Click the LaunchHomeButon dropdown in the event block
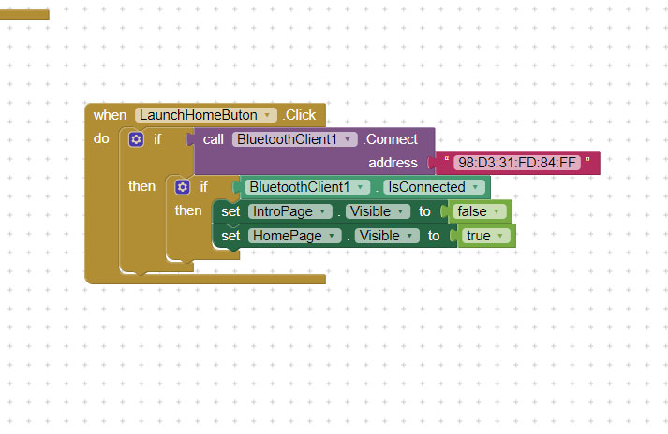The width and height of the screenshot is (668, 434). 206,115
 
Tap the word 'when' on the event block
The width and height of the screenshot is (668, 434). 110,115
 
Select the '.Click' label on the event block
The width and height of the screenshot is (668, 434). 299,115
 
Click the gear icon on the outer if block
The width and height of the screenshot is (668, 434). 136,139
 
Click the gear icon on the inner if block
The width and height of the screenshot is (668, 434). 183,187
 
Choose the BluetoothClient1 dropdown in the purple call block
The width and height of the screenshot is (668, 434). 294,139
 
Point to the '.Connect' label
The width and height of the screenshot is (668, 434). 391,139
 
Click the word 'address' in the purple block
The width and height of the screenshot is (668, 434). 393,163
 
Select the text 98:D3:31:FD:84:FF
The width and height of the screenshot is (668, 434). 517,163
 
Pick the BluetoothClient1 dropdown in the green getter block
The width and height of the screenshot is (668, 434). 307,187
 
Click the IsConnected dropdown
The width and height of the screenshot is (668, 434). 434,187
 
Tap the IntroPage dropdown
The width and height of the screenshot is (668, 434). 289,211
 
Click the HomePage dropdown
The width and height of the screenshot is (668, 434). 294,236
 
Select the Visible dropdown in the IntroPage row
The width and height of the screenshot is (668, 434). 378,211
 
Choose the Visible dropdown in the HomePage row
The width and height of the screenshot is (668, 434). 387,236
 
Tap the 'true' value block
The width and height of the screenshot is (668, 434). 486,236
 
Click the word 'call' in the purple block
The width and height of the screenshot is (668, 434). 213,139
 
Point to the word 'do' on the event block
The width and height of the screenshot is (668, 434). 101,138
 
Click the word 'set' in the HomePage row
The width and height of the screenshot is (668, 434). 230,236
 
